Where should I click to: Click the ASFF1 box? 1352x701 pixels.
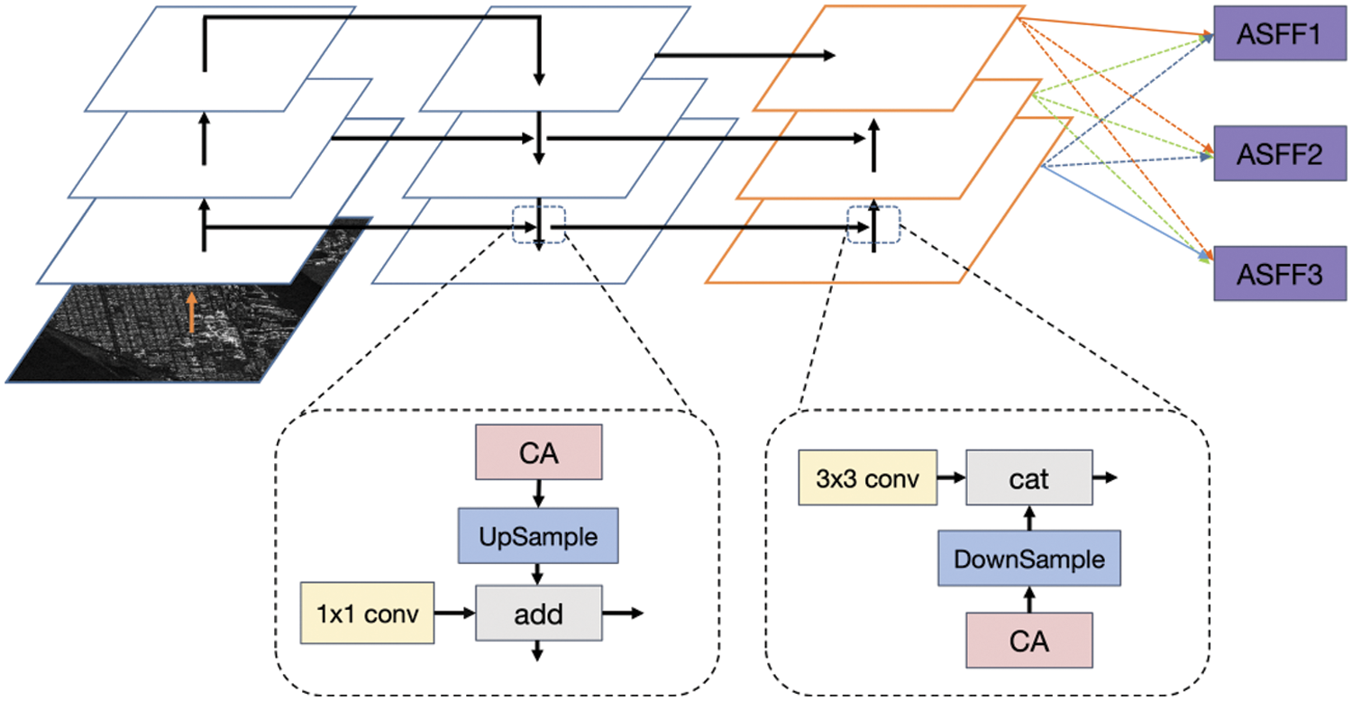click(x=1280, y=37)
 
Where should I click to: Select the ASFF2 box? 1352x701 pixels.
click(x=1280, y=155)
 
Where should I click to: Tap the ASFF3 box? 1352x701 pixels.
click(x=1280, y=274)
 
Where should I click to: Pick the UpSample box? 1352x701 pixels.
click(x=538, y=537)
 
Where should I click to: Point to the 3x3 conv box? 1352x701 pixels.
click(x=868, y=478)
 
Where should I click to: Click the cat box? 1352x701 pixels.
click(x=1029, y=478)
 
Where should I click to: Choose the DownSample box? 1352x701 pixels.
click(x=1029, y=560)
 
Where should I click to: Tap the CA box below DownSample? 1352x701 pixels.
click(x=1029, y=642)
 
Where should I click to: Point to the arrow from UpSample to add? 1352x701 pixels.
click(x=538, y=574)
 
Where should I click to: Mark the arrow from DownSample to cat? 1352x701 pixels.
click(x=1029, y=517)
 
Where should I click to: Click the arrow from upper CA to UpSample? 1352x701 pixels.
click(x=538, y=494)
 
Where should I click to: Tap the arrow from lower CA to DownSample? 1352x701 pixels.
click(x=1029, y=599)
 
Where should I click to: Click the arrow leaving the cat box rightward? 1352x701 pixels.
click(x=1105, y=478)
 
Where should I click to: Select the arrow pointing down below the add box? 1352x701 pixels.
click(x=538, y=652)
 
